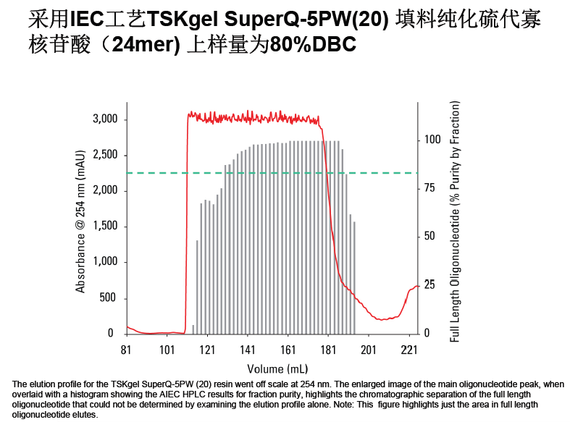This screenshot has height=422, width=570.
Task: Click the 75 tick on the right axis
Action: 430,188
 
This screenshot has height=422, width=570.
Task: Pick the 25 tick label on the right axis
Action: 430,285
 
